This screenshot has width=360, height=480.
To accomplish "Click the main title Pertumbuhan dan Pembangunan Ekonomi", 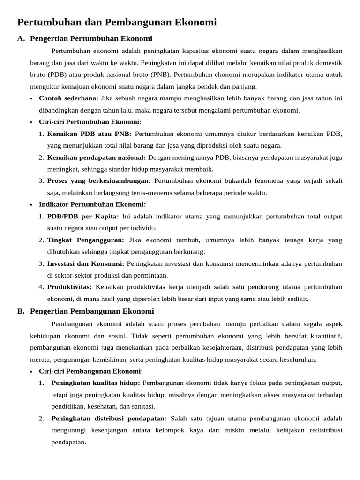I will tap(117, 22).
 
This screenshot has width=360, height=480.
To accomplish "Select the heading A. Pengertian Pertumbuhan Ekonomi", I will tap(91, 39).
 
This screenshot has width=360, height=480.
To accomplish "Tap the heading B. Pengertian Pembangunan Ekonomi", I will tap(91, 311).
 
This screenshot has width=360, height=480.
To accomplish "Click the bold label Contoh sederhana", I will tap(68, 98).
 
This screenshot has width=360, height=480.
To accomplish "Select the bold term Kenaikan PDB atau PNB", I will tap(89, 134).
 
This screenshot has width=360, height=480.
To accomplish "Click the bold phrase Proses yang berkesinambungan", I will tap(99, 181).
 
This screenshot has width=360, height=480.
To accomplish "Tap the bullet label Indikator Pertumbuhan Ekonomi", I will tap(92, 204).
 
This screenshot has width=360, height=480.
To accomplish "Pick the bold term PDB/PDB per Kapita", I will tap(83, 217).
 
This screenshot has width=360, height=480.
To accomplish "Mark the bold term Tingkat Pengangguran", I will tap(86, 240).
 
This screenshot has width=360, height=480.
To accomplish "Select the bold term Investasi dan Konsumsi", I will tap(85, 263).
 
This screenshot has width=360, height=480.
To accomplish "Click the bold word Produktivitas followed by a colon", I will tap(70, 287).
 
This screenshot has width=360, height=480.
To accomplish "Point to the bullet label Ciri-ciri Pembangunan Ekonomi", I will tap(91, 371).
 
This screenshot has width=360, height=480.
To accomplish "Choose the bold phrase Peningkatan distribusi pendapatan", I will tap(109, 418).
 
